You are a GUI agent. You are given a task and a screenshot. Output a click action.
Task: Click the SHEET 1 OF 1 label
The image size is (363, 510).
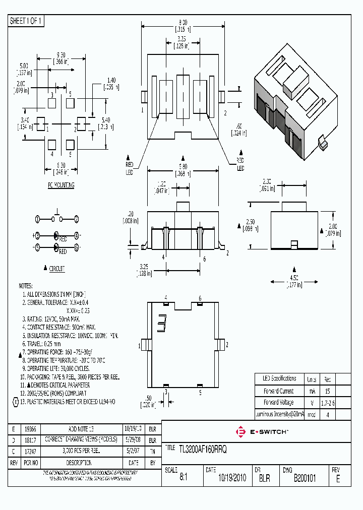(x=26, y=21)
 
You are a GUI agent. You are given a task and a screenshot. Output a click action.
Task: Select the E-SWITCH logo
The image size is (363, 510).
(x=262, y=432)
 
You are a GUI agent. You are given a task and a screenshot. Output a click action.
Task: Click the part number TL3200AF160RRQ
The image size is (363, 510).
(x=196, y=449)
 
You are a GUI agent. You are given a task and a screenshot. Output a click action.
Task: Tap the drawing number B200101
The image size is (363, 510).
(x=305, y=478)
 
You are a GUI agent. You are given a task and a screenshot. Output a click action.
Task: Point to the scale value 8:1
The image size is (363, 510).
(x=184, y=478)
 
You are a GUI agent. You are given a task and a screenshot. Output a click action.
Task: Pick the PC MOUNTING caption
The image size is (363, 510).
(x=61, y=185)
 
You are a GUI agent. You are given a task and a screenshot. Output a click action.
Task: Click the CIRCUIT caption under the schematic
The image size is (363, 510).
(x=56, y=269)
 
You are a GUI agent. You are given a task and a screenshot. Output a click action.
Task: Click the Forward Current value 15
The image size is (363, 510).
(x=328, y=391)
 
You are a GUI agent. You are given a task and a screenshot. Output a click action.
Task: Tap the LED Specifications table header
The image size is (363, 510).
(x=279, y=378)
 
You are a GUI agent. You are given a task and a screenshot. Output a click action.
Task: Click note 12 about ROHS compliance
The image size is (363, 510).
(x=54, y=393)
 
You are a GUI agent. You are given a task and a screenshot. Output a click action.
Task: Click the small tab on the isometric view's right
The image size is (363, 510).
(x=322, y=143)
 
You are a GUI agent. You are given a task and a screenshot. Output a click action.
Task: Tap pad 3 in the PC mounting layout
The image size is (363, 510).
(x=52, y=103)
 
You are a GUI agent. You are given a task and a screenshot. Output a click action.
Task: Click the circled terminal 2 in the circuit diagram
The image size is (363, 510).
(x=76, y=219)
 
